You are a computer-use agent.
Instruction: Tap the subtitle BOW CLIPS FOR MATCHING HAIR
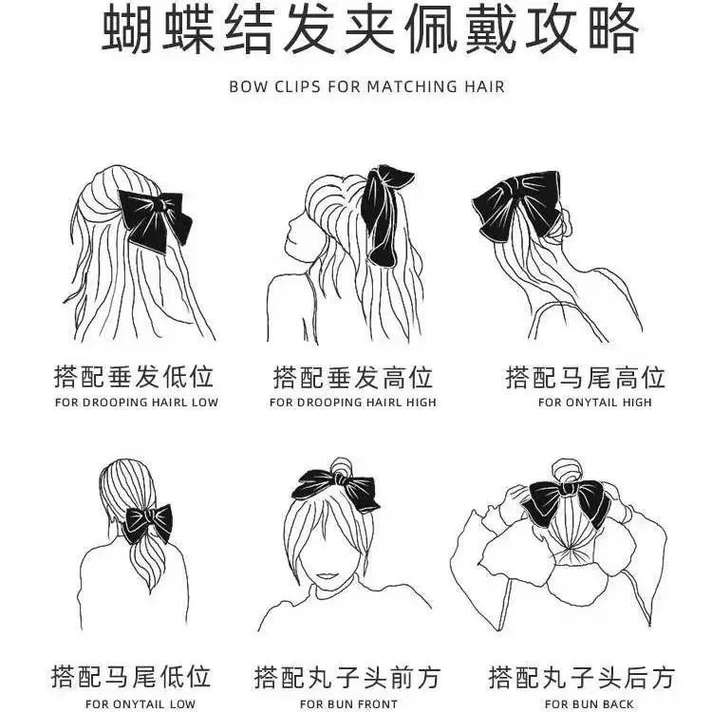click(366, 86)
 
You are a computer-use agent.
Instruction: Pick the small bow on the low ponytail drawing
click(146, 520)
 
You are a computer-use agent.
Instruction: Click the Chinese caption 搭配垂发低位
click(133, 377)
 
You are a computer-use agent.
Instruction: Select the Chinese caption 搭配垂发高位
click(353, 377)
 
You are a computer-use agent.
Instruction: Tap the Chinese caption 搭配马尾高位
click(585, 377)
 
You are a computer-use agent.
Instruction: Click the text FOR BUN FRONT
click(348, 703)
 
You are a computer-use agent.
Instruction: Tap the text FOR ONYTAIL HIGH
click(595, 403)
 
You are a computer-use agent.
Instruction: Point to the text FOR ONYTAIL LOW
click(140, 703)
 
